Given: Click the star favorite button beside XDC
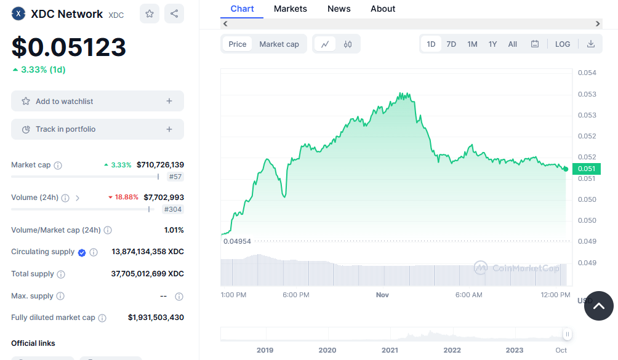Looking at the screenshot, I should (150, 14).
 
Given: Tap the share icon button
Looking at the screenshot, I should (174, 14).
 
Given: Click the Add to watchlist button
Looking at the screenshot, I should (97, 101).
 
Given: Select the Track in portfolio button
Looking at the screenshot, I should (97, 129).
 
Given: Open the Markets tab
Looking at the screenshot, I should (291, 9).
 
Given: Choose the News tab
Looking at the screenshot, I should (339, 9).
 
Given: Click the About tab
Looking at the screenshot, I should (383, 9).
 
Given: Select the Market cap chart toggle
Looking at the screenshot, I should (279, 44).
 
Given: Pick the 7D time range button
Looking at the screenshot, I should (451, 44).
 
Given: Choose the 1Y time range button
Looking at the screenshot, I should (492, 44).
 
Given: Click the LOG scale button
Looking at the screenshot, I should (563, 44).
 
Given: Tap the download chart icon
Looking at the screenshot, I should (591, 44).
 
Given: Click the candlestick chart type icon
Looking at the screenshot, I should (348, 44).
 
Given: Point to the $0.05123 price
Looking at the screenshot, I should (69, 47).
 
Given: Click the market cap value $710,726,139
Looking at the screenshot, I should (160, 165).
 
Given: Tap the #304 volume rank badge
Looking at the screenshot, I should (172, 209).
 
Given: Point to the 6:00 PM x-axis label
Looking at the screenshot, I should (296, 295).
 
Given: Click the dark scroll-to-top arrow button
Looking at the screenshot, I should (598, 306).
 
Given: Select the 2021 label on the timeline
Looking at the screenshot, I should (390, 350).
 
